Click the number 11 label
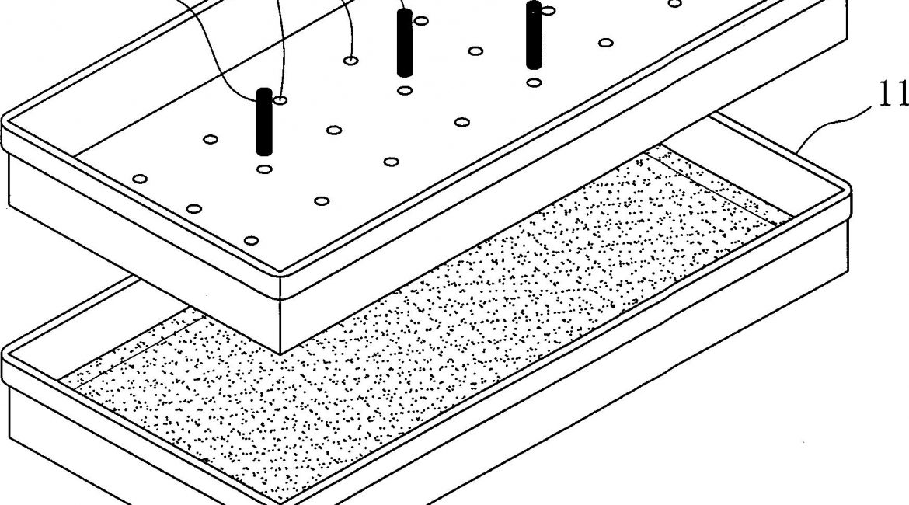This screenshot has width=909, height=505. coord(893,95)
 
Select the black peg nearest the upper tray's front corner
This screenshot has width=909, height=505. coord(264,122)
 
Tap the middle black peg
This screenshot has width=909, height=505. coord(405,42)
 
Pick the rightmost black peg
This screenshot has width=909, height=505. coord(534,35)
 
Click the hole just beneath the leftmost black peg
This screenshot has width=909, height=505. coord(264,169)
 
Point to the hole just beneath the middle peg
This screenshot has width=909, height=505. coord(405,90)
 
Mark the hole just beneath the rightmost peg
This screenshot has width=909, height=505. coord(535,83)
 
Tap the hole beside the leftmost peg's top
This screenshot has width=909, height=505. coord(280,100)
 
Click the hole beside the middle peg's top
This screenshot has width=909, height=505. coord(421,21)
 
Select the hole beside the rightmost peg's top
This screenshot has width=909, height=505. coord(548,10)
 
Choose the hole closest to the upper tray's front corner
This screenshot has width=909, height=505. coord(251,241)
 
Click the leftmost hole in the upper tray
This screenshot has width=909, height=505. coord(141,179)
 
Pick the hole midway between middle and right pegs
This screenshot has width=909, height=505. coord(475,51)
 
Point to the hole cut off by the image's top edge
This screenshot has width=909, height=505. coord(675,3)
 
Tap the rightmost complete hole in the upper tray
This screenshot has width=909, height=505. coord(606,43)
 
